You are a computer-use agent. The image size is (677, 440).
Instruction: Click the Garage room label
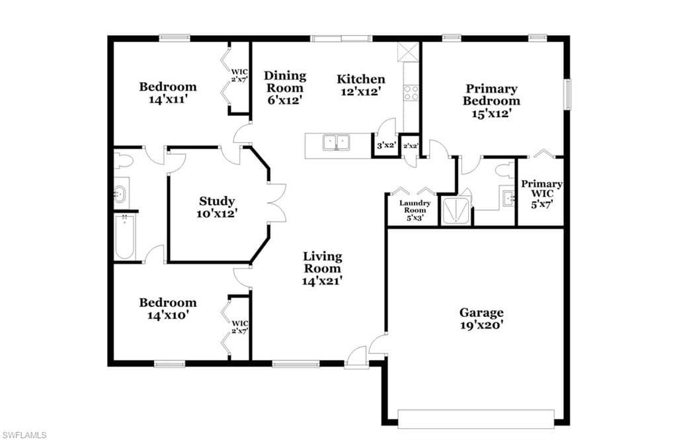coord(481,318)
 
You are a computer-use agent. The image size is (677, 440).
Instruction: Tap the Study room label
coord(217,207)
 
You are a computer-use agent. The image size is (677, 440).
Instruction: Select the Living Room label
coord(322,269)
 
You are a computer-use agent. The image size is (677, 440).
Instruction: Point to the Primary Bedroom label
coord(491,101)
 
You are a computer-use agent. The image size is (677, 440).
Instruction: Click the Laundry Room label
coord(415,210)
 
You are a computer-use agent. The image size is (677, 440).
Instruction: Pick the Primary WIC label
coord(541,194)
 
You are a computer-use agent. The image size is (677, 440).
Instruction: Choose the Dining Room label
coord(284,88)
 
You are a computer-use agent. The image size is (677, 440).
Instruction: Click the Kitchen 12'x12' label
coord(361,85)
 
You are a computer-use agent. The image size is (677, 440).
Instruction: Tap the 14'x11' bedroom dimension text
coord(167,99)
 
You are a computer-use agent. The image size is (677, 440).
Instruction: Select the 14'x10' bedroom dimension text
coord(167,315)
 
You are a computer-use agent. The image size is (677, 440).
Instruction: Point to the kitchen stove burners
coord(411,93)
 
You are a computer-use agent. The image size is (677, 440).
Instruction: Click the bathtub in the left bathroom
coord(125,237)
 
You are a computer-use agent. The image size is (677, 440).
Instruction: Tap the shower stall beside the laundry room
coord(455,211)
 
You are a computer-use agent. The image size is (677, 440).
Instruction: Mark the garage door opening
coord(476,419)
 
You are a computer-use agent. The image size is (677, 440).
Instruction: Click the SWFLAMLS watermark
coord(24,435)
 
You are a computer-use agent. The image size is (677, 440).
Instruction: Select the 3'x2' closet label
coord(386,146)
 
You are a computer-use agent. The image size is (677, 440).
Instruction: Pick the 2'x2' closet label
coord(411,146)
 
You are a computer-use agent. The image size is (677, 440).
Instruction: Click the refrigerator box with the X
coord(409,52)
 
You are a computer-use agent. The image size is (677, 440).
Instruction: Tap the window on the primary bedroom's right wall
coord(568,94)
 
